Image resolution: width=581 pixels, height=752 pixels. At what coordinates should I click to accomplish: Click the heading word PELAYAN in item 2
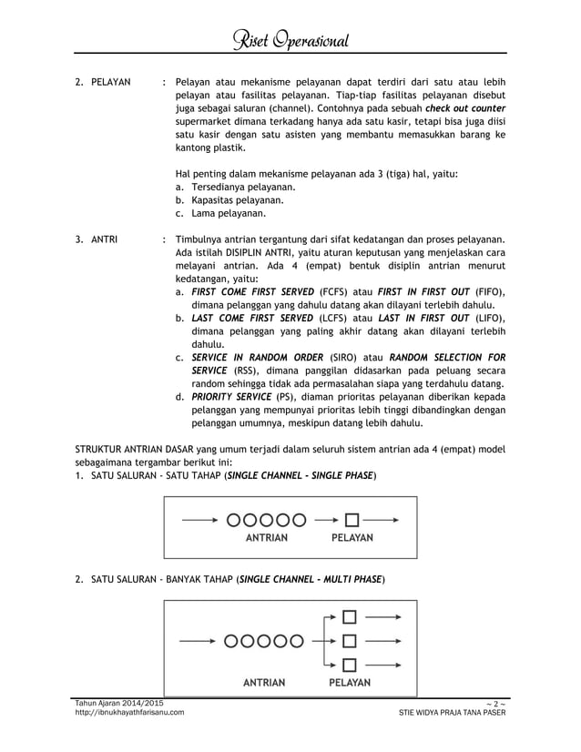point(110,83)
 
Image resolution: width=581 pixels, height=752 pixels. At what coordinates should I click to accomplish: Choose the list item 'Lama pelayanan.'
point(228,214)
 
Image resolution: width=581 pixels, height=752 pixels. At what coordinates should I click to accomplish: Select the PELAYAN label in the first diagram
point(351,538)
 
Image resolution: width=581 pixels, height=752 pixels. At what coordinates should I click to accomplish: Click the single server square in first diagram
point(352,520)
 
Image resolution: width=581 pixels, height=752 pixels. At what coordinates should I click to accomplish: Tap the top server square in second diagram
point(351,617)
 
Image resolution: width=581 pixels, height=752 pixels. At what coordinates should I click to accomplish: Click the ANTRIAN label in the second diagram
point(264,682)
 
